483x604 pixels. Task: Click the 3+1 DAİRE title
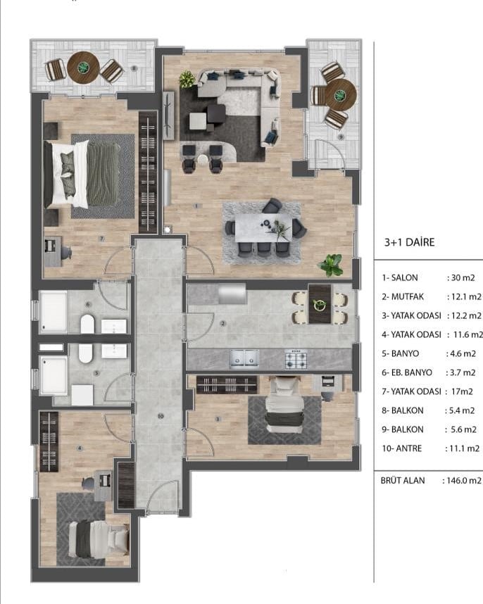[x=410, y=242]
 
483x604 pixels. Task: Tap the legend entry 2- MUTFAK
[x=403, y=296]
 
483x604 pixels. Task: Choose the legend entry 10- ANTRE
[x=402, y=448]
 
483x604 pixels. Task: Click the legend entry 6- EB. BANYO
[x=407, y=372]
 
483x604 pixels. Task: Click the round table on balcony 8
[x=83, y=68]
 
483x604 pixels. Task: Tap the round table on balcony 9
[x=340, y=95]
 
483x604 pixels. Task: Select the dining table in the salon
[x=263, y=227]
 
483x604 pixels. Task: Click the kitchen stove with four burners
[x=296, y=360]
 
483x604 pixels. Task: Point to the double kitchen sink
[x=244, y=358]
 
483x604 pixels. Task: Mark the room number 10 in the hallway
[x=161, y=416]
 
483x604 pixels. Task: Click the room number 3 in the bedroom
[x=218, y=419]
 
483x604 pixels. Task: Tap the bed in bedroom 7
[x=82, y=174]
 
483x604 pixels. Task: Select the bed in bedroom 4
[x=98, y=539]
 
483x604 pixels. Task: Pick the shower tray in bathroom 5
[x=54, y=376]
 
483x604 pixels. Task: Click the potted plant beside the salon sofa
[x=187, y=80]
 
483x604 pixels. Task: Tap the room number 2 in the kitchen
[x=223, y=323]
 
